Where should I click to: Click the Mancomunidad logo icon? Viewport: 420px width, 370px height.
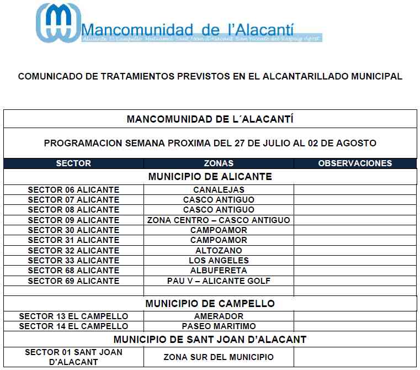57,23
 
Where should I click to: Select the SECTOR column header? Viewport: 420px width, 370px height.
73,163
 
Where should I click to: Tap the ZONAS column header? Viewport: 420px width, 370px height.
219,163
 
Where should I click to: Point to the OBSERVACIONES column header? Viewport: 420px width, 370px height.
355,163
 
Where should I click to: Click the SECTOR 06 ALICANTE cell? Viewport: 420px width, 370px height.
73,190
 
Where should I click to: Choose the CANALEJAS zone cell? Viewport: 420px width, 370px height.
219,190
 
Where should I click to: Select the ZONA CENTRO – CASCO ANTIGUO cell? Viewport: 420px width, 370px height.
219,220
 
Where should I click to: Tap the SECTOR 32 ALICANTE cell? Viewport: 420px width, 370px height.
73,250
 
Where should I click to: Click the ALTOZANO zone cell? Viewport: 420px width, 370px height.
219,250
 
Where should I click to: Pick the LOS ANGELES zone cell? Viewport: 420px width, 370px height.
219,261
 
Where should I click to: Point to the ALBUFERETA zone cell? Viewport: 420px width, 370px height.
219,271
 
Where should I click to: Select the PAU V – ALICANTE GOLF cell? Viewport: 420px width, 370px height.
219,281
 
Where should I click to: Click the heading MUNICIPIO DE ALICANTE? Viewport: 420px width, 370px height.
210,177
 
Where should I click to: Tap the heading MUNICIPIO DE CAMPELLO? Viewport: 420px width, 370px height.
210,304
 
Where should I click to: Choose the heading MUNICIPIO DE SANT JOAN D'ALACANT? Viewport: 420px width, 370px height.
210,339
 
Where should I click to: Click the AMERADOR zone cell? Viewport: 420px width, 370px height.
219,316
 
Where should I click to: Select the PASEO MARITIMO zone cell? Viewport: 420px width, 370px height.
219,326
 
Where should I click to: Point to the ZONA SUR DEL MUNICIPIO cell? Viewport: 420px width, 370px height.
219,357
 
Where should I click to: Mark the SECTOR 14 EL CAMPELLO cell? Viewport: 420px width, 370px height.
73,326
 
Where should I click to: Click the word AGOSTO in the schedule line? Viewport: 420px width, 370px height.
358,143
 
